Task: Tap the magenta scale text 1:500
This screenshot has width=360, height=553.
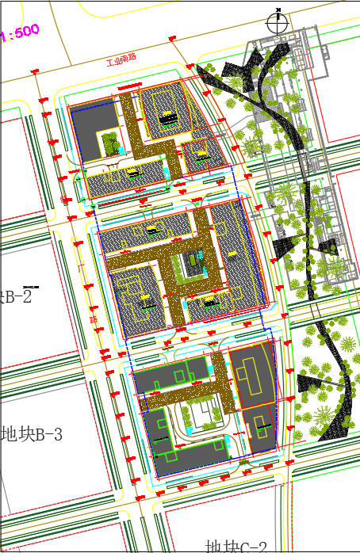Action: (x=21, y=33)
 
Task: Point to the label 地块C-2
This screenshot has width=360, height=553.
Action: (x=236, y=546)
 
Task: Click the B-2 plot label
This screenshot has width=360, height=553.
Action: (x=17, y=297)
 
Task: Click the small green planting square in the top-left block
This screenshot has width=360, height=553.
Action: (x=110, y=143)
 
